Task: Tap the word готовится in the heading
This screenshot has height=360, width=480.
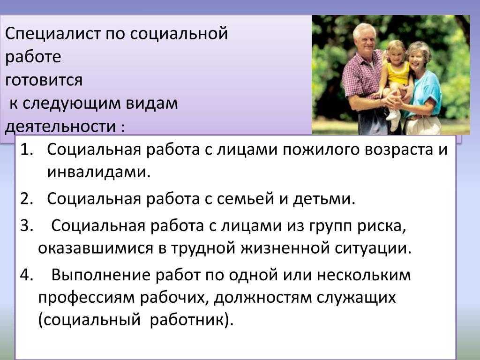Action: pyautogui.click(x=44, y=80)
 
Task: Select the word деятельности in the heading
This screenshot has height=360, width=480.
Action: pyautogui.click(x=60, y=126)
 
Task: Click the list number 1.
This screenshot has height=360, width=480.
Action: pyautogui.click(x=26, y=150)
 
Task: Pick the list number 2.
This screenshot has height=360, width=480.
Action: pyautogui.click(x=26, y=199)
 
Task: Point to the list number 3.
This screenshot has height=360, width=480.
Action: pyautogui.click(x=26, y=225)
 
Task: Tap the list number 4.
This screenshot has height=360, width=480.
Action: pyautogui.click(x=26, y=275)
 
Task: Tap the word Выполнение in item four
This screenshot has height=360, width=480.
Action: pyautogui.click(x=101, y=275)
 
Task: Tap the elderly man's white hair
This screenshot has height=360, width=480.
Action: pyautogui.click(x=364, y=30)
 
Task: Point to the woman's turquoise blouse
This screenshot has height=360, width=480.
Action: pyautogui.click(x=427, y=92)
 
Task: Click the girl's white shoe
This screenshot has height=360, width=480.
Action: pyautogui.click(x=392, y=115)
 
